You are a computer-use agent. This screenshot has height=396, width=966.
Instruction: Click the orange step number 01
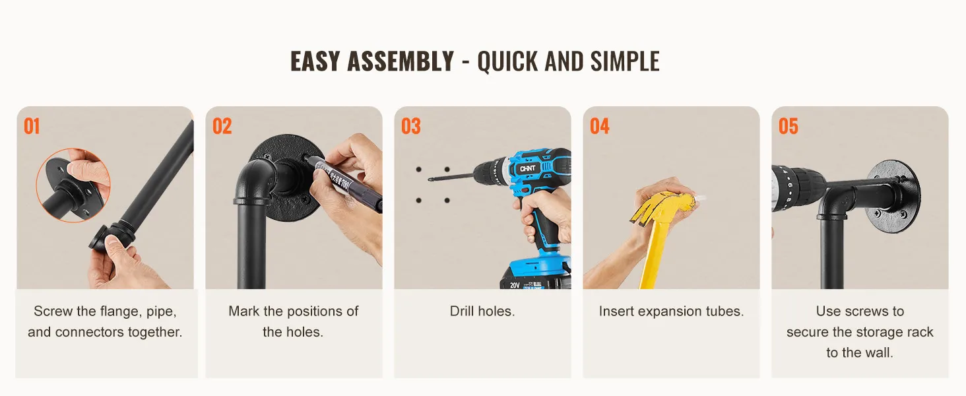click(x=32, y=127)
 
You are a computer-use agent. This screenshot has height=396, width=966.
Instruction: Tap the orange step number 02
click(x=222, y=127)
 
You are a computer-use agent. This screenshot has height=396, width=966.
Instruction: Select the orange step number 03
click(x=411, y=127)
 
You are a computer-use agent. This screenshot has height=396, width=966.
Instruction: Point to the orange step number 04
click(x=600, y=127)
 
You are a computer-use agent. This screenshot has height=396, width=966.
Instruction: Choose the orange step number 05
click(x=789, y=127)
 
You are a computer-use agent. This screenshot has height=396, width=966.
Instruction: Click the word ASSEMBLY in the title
click(x=401, y=61)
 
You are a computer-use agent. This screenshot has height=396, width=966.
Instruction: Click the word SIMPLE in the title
click(x=625, y=61)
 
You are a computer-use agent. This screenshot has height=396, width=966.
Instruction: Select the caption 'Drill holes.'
click(x=482, y=311)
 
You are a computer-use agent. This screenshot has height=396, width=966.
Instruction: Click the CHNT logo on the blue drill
click(x=527, y=169)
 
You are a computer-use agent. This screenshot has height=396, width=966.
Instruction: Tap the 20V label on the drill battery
click(x=515, y=285)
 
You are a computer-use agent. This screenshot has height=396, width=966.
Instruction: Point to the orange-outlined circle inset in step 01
click(x=73, y=185)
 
